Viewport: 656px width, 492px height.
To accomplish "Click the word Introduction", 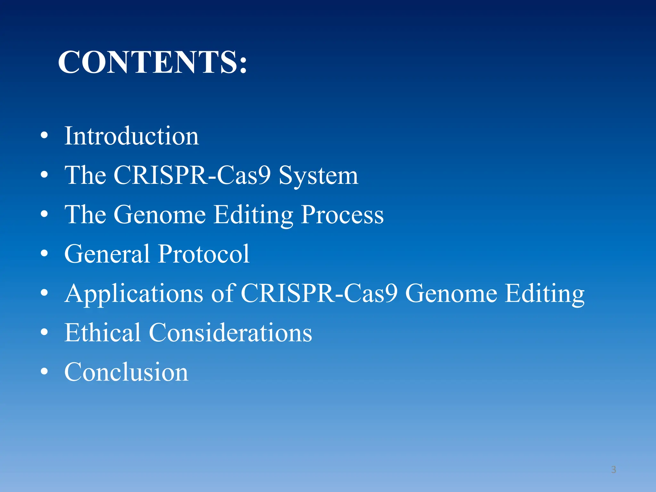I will (131, 136).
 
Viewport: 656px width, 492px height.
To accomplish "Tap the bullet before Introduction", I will (44, 135).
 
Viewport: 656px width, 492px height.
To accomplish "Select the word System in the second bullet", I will (318, 176).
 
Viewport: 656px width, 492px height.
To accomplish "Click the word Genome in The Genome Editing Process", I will (160, 215).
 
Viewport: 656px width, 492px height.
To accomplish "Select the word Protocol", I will (204, 254).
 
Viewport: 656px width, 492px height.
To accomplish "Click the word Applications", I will (134, 294).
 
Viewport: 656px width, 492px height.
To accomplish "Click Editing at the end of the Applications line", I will (545, 294).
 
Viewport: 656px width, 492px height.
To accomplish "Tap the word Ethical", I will (102, 332).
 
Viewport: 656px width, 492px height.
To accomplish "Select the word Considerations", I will (230, 332).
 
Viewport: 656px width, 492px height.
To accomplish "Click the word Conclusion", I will (126, 372).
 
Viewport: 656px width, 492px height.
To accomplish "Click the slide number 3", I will (613, 470).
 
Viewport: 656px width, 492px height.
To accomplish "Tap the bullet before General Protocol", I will (44, 253).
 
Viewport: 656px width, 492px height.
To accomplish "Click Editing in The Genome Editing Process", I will (253, 215).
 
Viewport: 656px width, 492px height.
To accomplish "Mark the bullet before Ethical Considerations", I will (44, 332).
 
